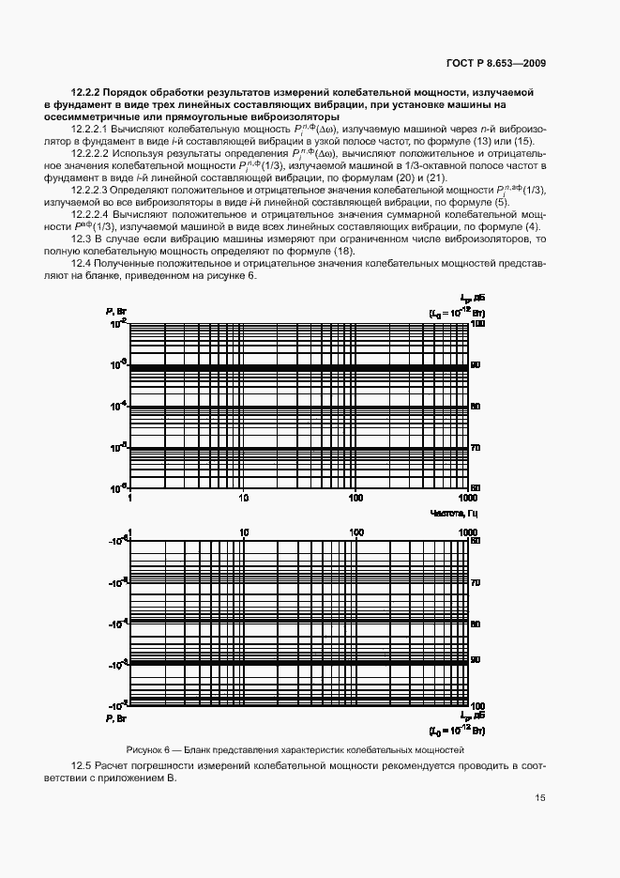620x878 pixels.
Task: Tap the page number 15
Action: click(x=540, y=798)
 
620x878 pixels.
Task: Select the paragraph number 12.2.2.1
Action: click(x=91, y=127)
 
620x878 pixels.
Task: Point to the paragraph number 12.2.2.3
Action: click(x=91, y=190)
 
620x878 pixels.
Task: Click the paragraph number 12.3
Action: click(x=83, y=240)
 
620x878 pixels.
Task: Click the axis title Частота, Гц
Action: click(x=454, y=513)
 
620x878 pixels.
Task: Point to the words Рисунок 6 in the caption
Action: click(x=147, y=750)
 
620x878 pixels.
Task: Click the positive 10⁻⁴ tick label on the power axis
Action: click(x=119, y=406)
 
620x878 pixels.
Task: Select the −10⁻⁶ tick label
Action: click(x=118, y=541)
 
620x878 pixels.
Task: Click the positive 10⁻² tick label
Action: click(x=119, y=323)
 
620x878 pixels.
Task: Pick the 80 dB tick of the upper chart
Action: click(x=476, y=406)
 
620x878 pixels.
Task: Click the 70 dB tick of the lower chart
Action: click(x=476, y=582)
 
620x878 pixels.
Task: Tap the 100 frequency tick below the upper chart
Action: click(x=356, y=498)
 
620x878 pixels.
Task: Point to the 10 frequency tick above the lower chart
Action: click(x=244, y=531)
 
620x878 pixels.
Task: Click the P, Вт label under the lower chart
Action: click(x=115, y=718)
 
